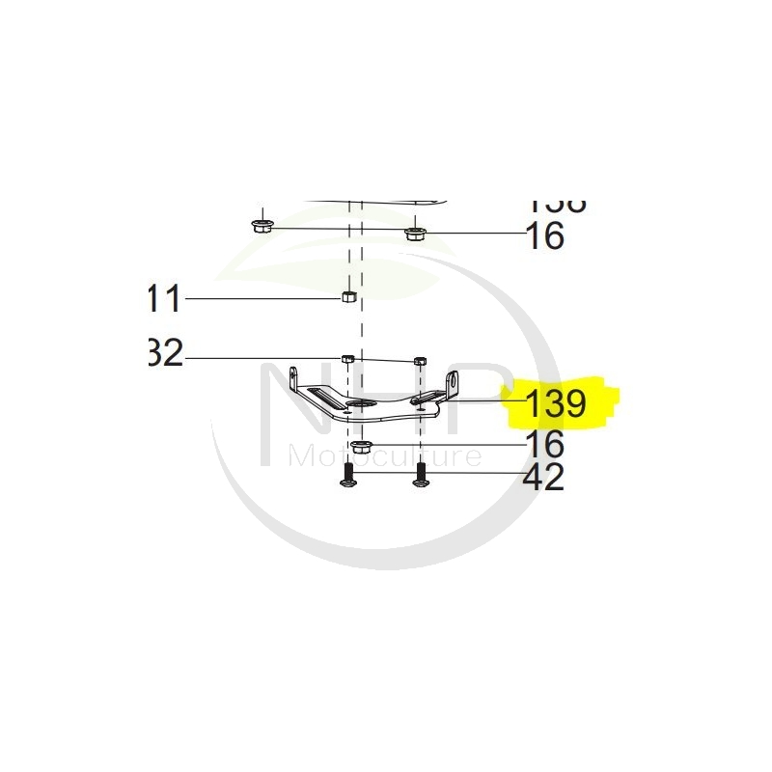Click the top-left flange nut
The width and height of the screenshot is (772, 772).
[x=258, y=226]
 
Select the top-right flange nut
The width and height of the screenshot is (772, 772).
[x=415, y=233]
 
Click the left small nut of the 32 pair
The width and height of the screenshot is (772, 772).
[x=348, y=358]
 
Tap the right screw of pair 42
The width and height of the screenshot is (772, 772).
[x=421, y=474]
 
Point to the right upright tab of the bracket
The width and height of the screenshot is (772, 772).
[x=451, y=385]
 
